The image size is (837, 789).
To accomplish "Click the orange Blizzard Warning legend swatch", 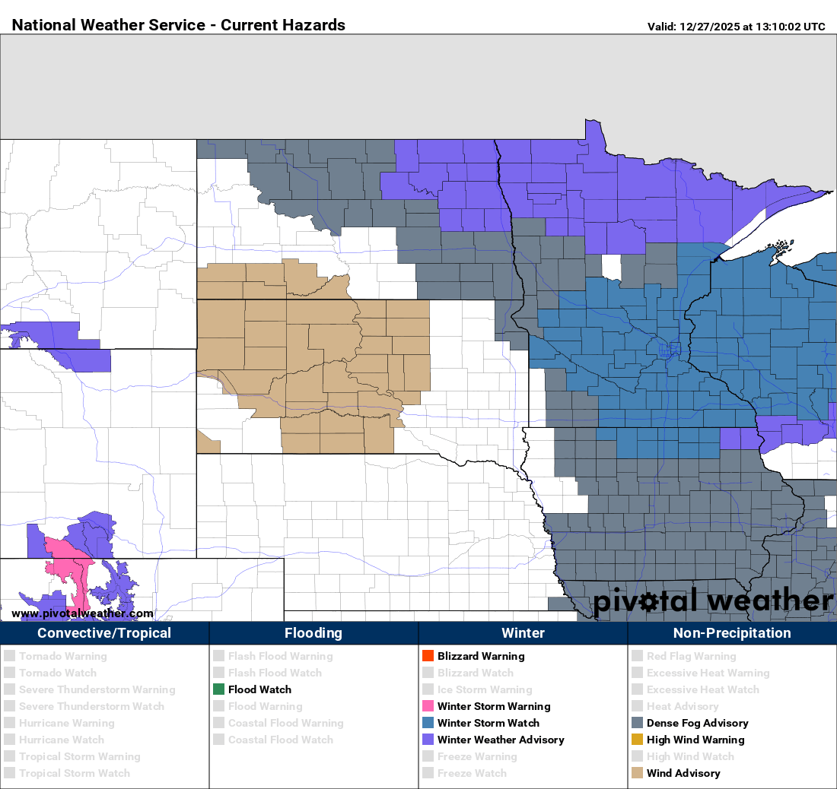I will [x=428, y=656].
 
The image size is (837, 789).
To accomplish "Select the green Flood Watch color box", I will [x=218, y=689].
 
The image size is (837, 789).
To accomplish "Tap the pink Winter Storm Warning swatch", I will [x=428, y=706].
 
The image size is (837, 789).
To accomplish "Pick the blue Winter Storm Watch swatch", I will [x=428, y=723].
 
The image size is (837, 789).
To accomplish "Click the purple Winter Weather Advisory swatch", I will [x=428, y=740].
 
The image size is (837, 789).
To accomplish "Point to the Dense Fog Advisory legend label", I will [x=697, y=723].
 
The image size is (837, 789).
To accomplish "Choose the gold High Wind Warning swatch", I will [x=637, y=740].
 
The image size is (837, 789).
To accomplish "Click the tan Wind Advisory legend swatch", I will [x=637, y=773].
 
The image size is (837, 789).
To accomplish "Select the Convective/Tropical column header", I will [x=104, y=633].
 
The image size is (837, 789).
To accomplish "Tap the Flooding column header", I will [x=313, y=633].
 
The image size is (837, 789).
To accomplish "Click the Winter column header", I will [x=523, y=633].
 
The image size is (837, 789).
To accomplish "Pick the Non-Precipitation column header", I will [x=732, y=633].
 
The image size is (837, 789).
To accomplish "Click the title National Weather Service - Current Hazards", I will [x=179, y=25].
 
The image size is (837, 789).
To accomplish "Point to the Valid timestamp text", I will [x=736, y=27].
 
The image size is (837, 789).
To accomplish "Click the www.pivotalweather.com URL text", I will [x=82, y=613].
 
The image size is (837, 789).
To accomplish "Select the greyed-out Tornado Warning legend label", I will [x=63, y=656].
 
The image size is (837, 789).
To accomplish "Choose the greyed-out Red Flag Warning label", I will [x=691, y=656].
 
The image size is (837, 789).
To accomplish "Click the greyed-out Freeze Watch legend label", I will [x=472, y=773].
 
